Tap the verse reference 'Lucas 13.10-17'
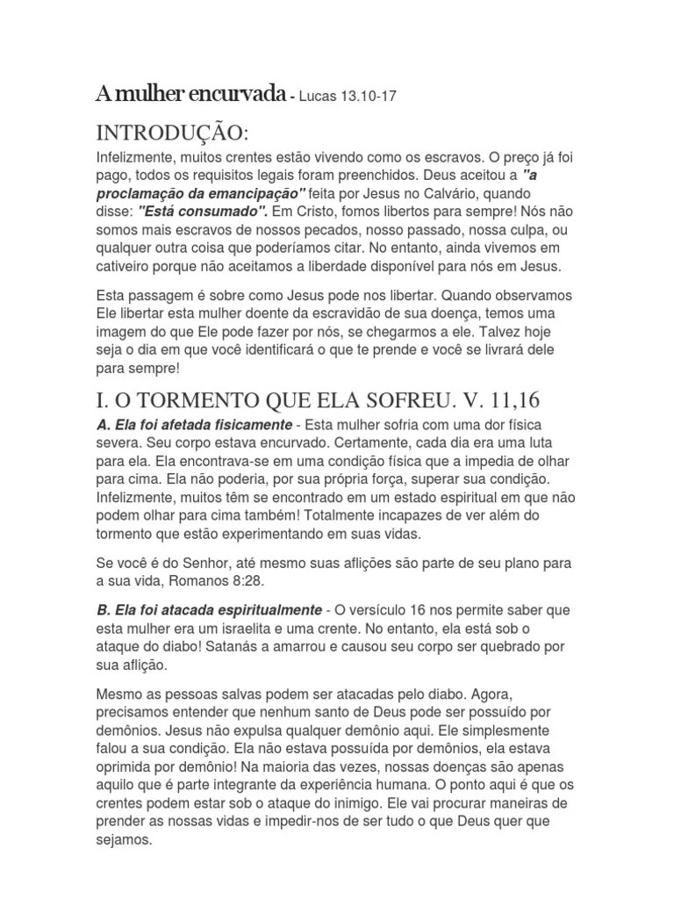click(x=348, y=96)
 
